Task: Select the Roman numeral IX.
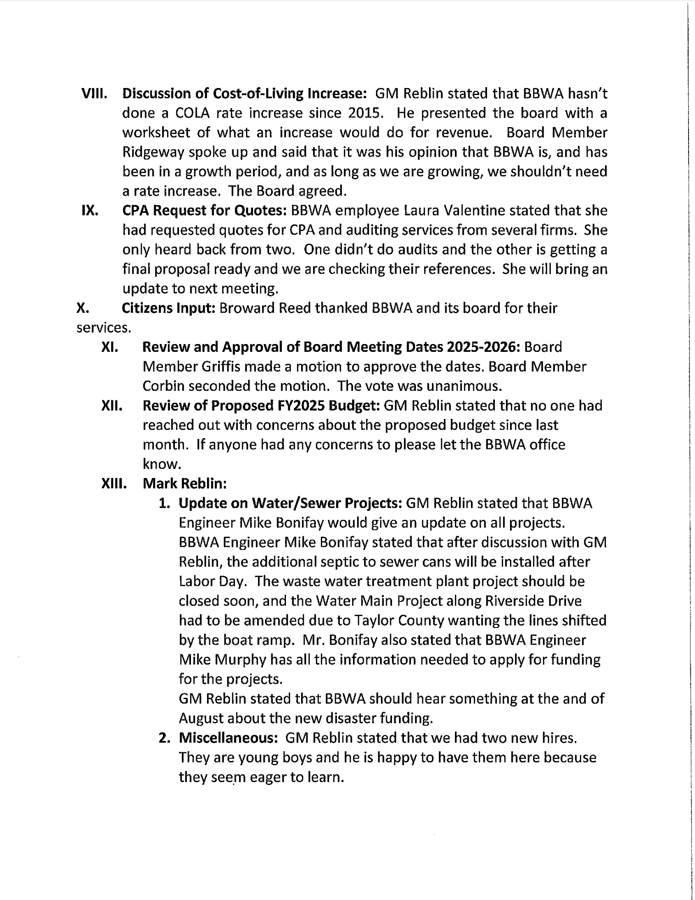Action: [x=88, y=211]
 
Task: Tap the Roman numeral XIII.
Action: [x=113, y=483]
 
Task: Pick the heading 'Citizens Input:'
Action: [x=168, y=308]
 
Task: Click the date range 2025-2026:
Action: [x=482, y=347]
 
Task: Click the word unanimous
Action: [x=461, y=386]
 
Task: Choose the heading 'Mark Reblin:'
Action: [x=185, y=483]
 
